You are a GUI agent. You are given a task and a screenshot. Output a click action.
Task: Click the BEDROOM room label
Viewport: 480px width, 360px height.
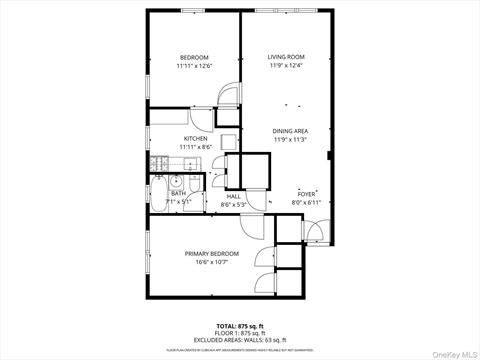[x=194, y=57]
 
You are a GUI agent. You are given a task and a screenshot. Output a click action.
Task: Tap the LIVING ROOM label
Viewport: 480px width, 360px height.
[x=286, y=57]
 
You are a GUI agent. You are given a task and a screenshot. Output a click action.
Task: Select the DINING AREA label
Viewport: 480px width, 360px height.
[x=290, y=131]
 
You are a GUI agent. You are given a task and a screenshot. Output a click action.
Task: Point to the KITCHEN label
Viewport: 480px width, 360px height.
[x=194, y=138]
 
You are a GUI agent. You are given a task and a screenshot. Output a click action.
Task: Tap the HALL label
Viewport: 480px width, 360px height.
[x=232, y=196]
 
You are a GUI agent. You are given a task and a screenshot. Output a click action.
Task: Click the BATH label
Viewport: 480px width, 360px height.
[x=178, y=193]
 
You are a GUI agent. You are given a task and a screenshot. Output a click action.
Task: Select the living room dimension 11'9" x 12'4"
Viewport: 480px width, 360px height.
[x=286, y=66]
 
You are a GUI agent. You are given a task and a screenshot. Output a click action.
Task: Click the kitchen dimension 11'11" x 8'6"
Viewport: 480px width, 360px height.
[x=194, y=147]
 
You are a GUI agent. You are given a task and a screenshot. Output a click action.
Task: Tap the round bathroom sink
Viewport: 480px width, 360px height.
[x=175, y=181]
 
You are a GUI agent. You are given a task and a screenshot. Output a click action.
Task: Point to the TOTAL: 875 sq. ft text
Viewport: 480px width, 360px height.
[x=240, y=326]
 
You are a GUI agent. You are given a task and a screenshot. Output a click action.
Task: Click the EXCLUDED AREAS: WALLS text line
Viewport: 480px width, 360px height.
[x=240, y=340]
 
